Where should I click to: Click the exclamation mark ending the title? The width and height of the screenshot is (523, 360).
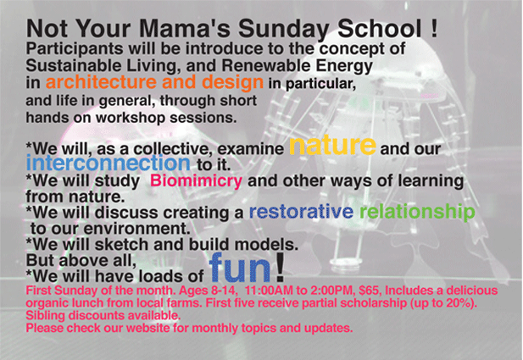(434, 28)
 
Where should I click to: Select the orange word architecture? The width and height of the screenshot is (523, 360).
(102, 82)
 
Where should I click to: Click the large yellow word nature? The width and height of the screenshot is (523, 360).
(332, 146)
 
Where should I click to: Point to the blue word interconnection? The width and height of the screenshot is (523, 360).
(108, 163)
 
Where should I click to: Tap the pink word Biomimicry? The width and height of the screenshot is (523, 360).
(196, 181)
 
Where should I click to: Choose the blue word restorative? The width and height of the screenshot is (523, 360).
(301, 211)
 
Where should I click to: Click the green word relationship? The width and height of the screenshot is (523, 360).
(417, 212)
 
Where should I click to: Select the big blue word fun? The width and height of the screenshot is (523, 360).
(240, 267)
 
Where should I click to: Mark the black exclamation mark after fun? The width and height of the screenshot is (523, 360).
(281, 267)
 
